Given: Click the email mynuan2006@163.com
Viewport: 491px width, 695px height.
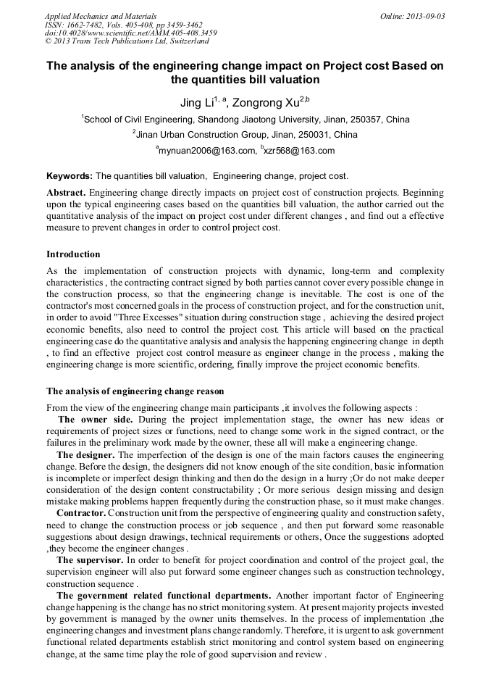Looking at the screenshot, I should pyautogui.click(x=208, y=151).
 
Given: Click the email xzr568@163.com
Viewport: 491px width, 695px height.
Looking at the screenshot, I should pyautogui.click(x=300, y=151).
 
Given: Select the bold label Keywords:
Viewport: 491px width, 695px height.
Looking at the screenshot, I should pyautogui.click(x=70, y=176).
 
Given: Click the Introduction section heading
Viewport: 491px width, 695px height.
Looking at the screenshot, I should pyautogui.click(x=73, y=254).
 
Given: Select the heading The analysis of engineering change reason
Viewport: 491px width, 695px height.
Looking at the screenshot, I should pyautogui.click(x=135, y=391).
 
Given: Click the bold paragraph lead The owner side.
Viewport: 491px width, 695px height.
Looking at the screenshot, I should pyautogui.click(x=95, y=420).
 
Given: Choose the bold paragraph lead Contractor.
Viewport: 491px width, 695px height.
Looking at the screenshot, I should pyautogui.click(x=81, y=513).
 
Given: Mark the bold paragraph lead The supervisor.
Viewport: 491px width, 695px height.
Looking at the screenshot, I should pyautogui.click(x=89, y=560).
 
